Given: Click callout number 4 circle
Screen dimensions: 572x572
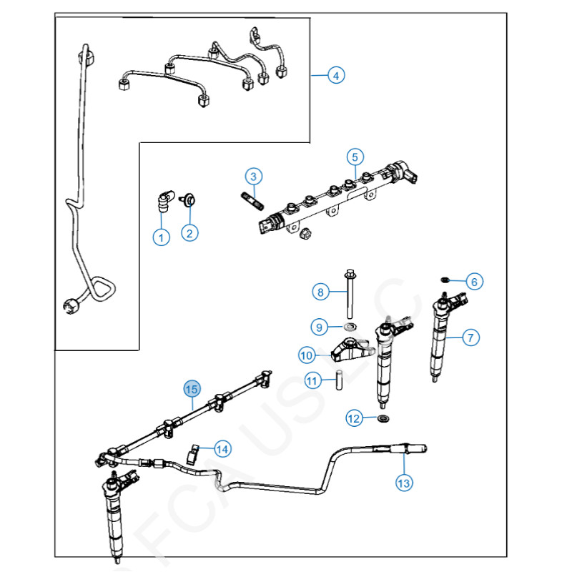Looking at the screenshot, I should [337, 75].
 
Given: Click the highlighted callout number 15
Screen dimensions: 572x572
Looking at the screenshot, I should [191, 389].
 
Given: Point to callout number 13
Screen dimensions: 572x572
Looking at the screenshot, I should [404, 483].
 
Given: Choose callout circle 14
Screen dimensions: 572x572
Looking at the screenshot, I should [222, 449].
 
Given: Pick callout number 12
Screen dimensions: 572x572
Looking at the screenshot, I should [355, 419].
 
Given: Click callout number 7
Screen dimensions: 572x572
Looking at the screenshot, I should [470, 337].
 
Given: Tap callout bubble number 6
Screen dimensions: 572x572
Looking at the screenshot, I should [473, 282].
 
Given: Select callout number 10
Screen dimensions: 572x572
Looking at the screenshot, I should [307, 355].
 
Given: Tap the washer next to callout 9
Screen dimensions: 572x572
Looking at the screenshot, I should [350, 327].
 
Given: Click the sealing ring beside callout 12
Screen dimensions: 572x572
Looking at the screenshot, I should [384, 418].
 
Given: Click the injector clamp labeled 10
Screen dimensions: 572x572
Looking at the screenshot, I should [349, 349].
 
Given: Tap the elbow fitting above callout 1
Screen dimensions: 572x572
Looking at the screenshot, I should [163, 199].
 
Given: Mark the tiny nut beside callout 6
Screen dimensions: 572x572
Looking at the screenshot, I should [445, 280].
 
